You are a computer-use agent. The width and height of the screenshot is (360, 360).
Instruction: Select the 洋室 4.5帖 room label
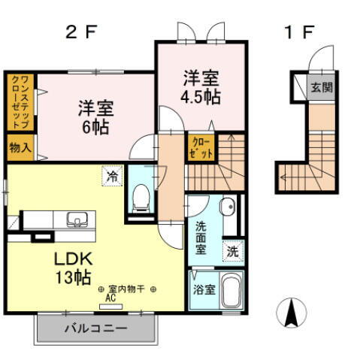coord(201,87)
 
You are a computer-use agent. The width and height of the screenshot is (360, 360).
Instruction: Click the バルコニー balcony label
coord(95,328)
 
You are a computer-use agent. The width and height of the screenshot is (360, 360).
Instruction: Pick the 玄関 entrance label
coord(321,85)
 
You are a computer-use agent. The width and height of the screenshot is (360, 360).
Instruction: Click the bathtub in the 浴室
coord(230,292)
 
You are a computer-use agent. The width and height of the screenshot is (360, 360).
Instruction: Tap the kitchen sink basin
coord(77,219)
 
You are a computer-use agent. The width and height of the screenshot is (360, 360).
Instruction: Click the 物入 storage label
coord(20,146)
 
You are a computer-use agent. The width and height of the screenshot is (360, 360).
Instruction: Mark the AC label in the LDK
coord(110,298)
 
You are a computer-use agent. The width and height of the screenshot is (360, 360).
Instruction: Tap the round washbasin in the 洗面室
coord(226,206)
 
